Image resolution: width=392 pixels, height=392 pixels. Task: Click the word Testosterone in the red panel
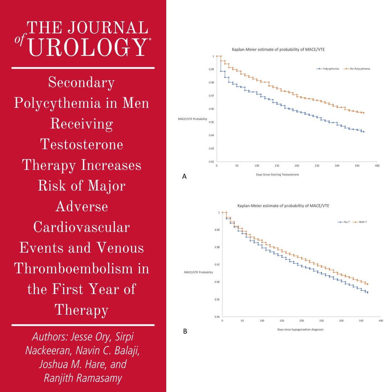(x=82, y=144)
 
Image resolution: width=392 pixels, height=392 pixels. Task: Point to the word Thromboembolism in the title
(x=82, y=269)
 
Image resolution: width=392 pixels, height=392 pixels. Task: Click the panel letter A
(x=184, y=176)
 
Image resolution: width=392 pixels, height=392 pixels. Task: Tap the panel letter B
(x=185, y=331)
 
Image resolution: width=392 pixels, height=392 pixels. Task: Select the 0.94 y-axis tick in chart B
(x=216, y=317)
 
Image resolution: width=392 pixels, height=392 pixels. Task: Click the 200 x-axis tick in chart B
(x=302, y=321)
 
